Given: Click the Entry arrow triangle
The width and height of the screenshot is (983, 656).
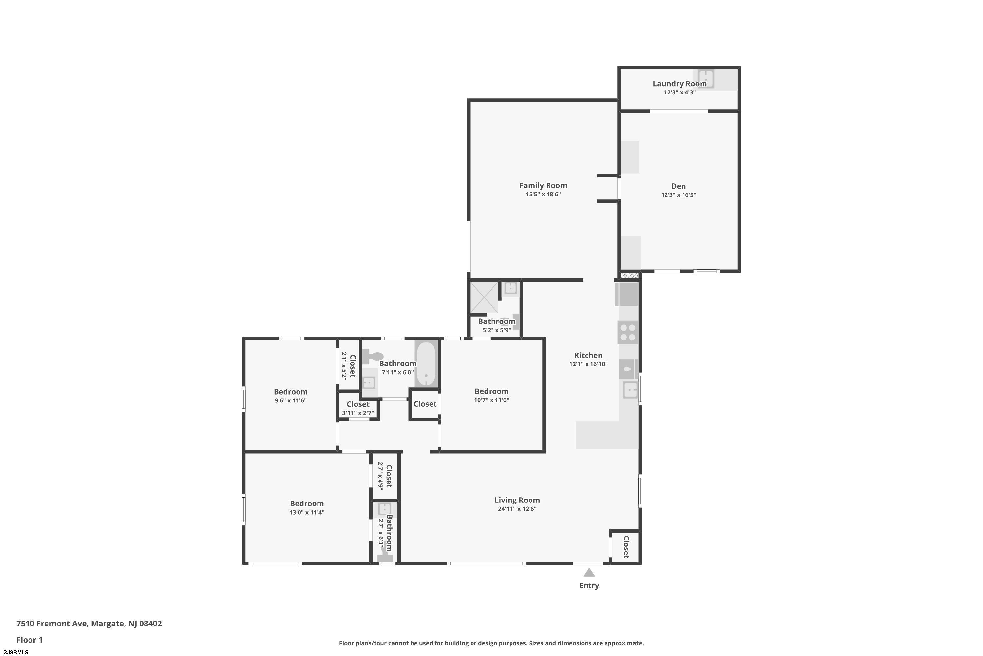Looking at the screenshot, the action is coord(589,572).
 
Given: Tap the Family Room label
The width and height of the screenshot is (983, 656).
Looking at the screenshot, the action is coord(543,185).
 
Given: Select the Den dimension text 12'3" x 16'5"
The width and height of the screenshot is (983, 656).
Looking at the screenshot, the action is coord(678,195).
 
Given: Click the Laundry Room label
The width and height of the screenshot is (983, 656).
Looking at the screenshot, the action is coord(680,84).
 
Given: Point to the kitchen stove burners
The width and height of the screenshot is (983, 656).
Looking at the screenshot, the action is coord(628,333).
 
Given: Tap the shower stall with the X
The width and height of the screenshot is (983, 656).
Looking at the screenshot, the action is coord(484,297).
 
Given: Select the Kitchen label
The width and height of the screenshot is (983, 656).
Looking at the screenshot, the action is coord(588,355).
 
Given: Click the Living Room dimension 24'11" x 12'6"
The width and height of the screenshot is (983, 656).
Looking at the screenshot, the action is coord(517,509).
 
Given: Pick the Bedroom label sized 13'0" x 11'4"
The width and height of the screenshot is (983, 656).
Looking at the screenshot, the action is coord(307,504).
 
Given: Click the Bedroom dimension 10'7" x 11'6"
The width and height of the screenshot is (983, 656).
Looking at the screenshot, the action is coord(491,400).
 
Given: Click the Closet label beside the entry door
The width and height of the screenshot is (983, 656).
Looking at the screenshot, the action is coord(626,547).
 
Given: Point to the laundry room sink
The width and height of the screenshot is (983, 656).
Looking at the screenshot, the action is coord(705,78).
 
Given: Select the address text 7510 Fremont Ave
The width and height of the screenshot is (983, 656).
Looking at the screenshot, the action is coord(52,624).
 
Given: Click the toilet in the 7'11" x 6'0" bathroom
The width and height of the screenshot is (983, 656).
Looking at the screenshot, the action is coord(373,357).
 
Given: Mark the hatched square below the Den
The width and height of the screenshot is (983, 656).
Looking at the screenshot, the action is coord(629,276).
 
